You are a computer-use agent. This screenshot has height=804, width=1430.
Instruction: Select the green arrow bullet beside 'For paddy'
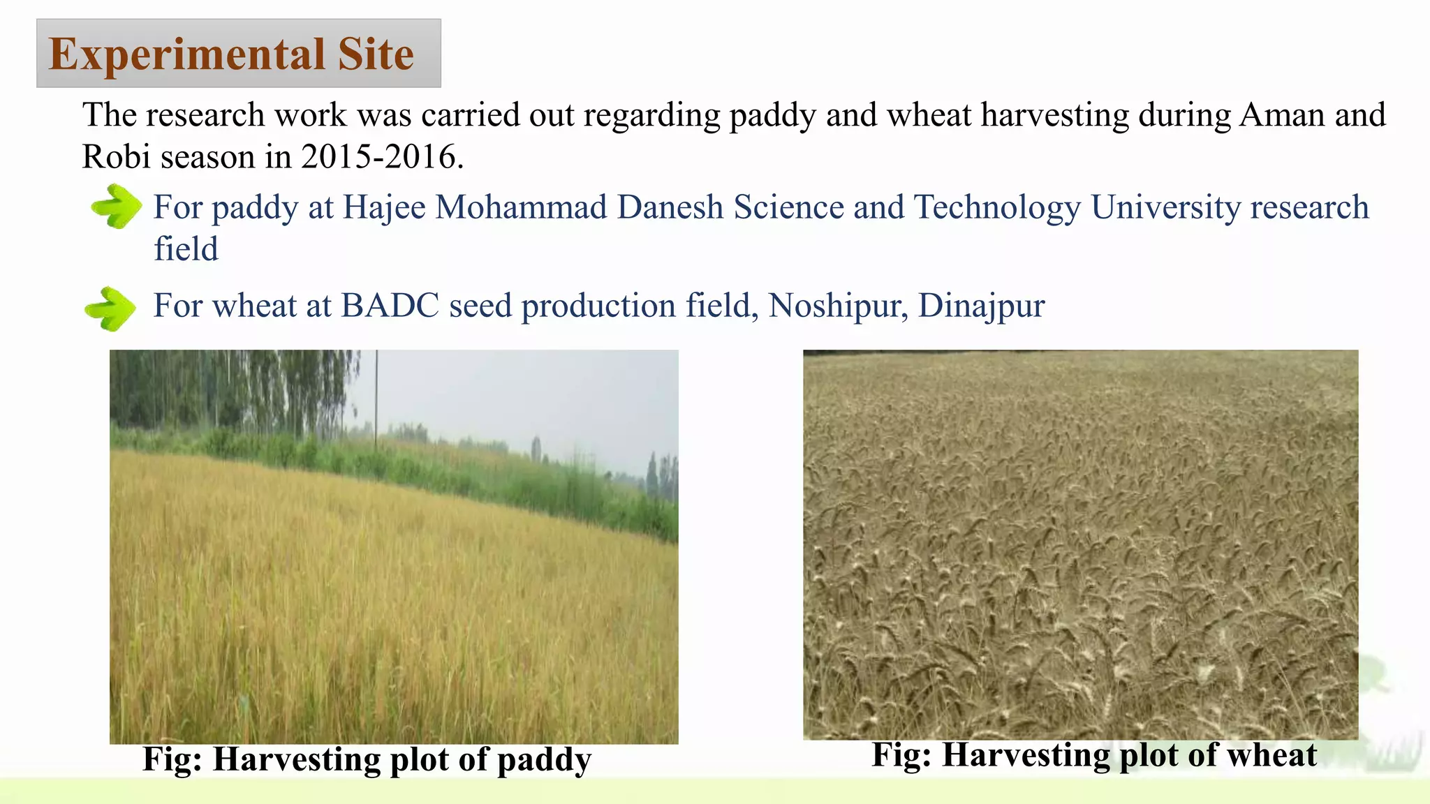click(x=116, y=207)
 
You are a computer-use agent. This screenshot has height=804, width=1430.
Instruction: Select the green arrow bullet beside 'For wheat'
click(x=110, y=308)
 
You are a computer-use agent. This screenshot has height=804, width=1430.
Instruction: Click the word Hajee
click(x=384, y=208)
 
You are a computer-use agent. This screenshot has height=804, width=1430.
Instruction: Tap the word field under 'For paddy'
click(x=186, y=249)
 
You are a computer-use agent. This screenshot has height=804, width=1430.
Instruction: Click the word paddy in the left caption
click(x=544, y=760)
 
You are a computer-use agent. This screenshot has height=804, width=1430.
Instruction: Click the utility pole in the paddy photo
click(x=377, y=398)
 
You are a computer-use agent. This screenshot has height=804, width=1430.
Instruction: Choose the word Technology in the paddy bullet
click(x=997, y=208)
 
